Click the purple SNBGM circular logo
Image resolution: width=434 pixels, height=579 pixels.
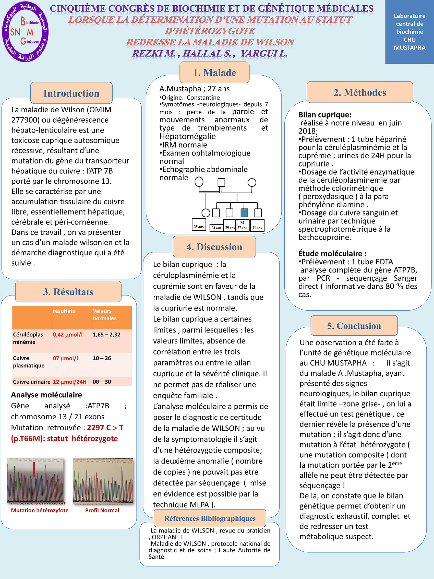pos(25,32)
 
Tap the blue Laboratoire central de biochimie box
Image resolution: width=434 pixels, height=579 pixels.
pos(409,32)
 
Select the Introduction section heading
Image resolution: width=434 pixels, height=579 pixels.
pos(71,93)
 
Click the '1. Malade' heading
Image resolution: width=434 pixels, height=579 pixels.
pos(214,73)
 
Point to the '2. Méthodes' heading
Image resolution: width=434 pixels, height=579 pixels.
pos(360,92)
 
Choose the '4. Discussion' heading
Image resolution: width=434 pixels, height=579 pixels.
pos(214,247)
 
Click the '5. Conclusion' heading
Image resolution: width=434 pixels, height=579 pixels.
pos(354,326)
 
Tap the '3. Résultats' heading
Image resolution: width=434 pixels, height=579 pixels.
pos(68,292)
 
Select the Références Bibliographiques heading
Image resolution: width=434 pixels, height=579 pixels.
pos(210,518)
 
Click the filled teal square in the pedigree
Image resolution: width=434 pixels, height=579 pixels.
pos(244,213)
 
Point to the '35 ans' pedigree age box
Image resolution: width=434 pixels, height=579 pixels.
pos(199,227)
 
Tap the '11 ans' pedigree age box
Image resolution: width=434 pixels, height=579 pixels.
pos(257,228)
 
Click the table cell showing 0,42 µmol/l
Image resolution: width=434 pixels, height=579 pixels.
pos(68,335)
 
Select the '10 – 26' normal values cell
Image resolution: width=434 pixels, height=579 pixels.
pos(102,358)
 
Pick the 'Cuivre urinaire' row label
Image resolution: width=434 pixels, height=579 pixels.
pos(32,382)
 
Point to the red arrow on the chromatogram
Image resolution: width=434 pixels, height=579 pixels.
pos(34,469)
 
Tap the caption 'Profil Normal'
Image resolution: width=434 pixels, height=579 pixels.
pos(102,510)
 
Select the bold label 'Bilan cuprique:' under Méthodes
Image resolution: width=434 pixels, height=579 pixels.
pos(325,115)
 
